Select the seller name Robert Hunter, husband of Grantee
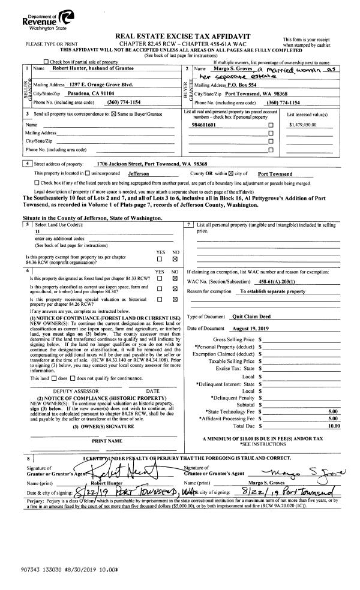(x=77, y=70)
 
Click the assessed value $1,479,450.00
(x=302, y=125)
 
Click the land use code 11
(x=37, y=231)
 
